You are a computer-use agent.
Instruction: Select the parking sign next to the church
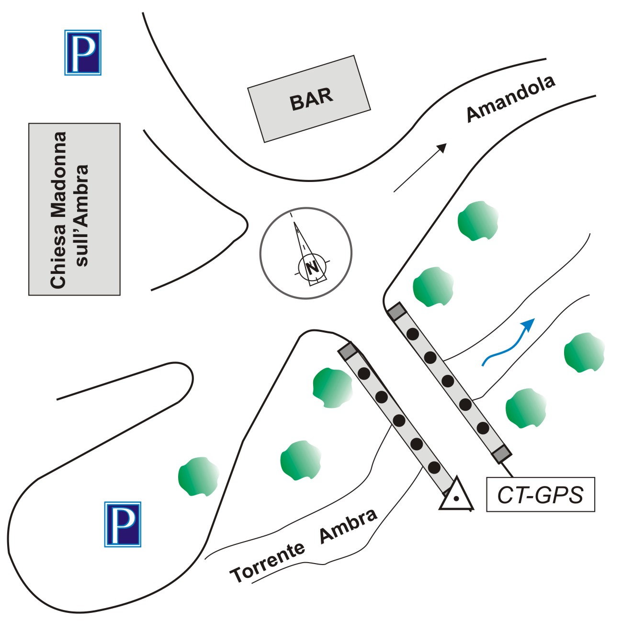click(83, 53)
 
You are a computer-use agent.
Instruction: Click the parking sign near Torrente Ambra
click(123, 524)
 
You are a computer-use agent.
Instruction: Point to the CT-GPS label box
click(540, 495)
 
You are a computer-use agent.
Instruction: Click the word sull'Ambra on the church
click(82, 215)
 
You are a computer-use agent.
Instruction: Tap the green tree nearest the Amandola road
click(477, 221)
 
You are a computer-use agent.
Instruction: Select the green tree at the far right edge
click(584, 352)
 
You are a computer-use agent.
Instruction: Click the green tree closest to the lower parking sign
click(197, 477)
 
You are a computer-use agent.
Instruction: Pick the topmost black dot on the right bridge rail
click(412, 334)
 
